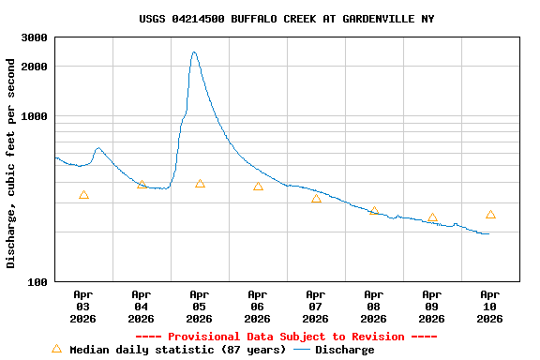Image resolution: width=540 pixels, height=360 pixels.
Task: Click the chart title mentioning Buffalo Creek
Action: [286, 19]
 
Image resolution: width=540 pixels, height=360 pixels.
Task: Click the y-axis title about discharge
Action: [11, 163]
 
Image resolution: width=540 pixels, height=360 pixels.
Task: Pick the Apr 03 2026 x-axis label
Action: [83, 306]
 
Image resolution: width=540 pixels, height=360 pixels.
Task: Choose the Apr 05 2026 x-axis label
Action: [200, 306]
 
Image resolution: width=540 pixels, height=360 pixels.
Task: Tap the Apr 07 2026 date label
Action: [316, 306]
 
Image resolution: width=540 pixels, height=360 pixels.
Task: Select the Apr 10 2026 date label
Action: [489, 306]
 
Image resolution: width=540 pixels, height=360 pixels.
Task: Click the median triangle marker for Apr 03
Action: [83, 195]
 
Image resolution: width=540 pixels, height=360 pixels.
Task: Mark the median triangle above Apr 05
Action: [200, 184]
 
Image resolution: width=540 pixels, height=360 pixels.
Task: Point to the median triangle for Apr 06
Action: [258, 187]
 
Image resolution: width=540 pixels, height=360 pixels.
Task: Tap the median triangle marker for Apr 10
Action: [490, 215]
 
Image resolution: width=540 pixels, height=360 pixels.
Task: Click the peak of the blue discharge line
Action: [194, 52]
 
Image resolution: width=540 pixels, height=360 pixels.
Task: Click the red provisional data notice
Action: [286, 337]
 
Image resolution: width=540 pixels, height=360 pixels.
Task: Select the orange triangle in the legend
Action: [56, 349]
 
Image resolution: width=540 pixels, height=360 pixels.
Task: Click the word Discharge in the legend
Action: [344, 350]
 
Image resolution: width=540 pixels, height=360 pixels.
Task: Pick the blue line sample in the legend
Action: [302, 350]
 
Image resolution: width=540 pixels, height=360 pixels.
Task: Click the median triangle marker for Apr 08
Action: [374, 212]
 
